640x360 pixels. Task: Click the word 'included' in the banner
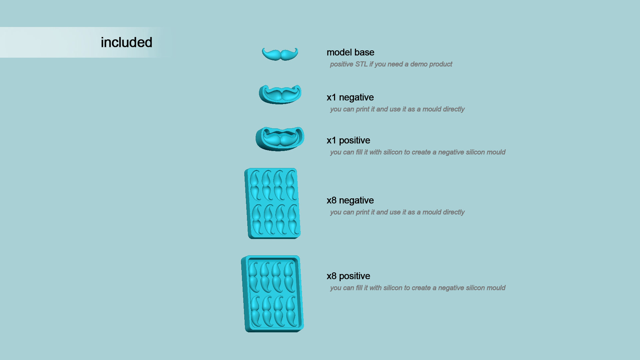click(126, 43)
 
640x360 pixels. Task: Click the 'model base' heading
click(350, 52)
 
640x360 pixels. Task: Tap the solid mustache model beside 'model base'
click(280, 54)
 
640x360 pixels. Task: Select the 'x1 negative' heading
click(350, 97)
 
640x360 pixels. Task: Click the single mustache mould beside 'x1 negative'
click(280, 94)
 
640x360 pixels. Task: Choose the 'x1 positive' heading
click(348, 140)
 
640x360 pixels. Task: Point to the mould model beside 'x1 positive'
click(280, 139)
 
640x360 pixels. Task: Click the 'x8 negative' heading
click(350, 200)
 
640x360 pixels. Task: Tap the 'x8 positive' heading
click(348, 276)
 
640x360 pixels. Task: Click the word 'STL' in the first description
click(361, 64)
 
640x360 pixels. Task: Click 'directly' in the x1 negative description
click(454, 109)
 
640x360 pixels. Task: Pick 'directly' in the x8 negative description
click(454, 212)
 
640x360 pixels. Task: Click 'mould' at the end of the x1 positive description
click(496, 152)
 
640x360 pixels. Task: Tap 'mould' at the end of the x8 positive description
click(496, 288)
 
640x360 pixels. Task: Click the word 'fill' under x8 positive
click(359, 288)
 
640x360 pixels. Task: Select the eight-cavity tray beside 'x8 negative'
click(273, 203)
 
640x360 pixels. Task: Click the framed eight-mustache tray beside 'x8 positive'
click(272, 294)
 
